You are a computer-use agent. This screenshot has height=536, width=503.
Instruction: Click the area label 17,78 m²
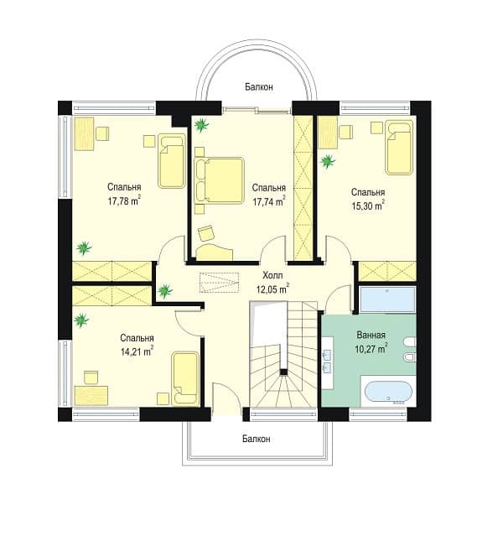(125, 200)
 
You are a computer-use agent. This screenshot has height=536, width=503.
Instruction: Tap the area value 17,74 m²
(269, 201)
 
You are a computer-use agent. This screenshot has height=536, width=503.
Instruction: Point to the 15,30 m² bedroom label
(368, 206)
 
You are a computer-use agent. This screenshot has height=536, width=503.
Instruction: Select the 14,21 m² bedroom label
(137, 351)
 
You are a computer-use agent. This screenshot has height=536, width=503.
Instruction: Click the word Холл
(272, 275)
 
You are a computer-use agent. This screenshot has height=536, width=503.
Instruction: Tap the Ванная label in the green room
(371, 335)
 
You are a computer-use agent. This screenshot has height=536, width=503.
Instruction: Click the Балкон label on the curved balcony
(259, 87)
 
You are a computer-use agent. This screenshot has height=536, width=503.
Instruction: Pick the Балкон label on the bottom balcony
(257, 439)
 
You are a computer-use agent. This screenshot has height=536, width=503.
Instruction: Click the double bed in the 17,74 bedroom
(219, 180)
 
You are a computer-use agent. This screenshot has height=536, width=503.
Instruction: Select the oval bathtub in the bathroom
(388, 393)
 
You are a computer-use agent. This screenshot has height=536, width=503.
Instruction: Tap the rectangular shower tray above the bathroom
(387, 299)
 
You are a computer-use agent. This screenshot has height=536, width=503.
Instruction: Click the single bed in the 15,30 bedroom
(399, 148)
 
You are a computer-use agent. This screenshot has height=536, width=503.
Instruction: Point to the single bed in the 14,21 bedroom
(185, 378)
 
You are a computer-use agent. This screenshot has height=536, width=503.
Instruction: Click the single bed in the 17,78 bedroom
(172, 161)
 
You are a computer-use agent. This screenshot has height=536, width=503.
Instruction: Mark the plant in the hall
(165, 291)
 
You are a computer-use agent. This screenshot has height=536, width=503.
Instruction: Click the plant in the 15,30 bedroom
(328, 161)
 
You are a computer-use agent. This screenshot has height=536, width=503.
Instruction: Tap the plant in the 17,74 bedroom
(201, 125)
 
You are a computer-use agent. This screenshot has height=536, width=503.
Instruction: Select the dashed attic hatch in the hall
(219, 283)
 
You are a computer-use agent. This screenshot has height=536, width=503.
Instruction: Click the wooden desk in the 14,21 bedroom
(91, 396)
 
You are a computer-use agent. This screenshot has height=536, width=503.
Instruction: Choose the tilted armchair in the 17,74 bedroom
(206, 234)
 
